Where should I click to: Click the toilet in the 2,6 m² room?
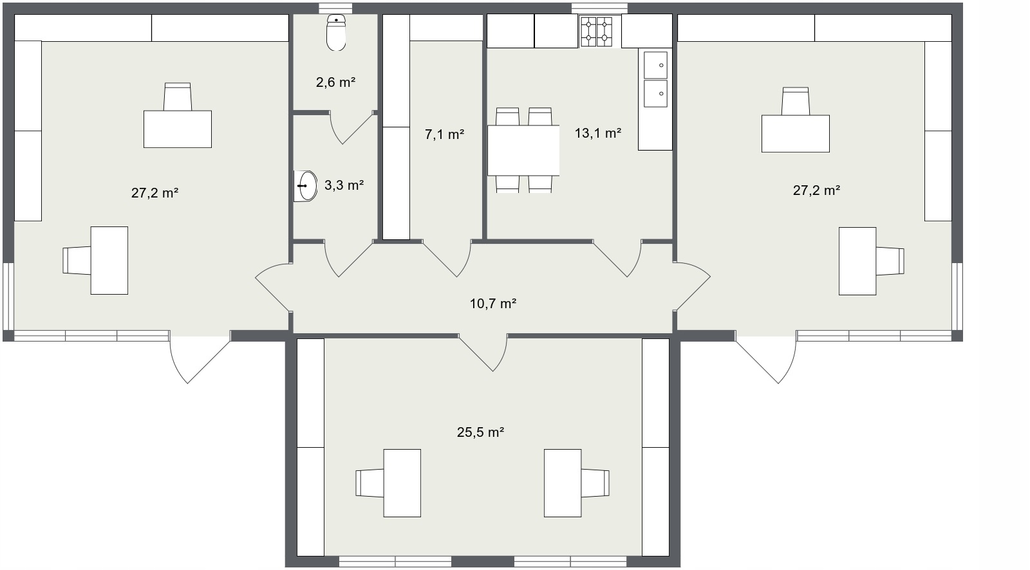336,32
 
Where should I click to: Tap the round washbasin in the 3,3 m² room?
305,186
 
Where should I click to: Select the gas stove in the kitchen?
596,32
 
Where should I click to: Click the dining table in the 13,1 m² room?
523,151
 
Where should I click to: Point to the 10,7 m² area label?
493,304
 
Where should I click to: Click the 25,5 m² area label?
480,432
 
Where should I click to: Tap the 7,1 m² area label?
444,134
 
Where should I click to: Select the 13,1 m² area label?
598,133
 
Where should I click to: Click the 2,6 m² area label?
335,82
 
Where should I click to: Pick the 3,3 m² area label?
344,185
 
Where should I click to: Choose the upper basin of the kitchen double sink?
655,65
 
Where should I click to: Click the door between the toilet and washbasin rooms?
350,128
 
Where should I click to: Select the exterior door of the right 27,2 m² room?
765,357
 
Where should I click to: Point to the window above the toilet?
335,8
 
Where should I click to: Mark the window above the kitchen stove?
599,8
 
